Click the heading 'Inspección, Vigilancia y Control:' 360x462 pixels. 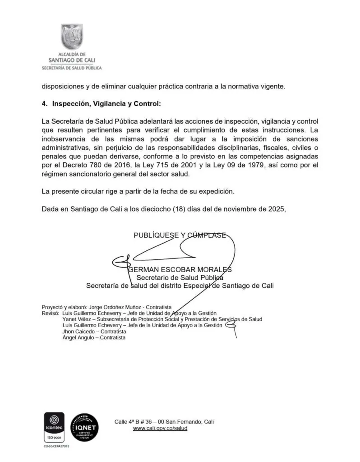(x=106, y=103)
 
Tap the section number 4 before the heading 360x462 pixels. (x=44, y=103)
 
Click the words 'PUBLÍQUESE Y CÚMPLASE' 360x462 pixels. (x=180, y=235)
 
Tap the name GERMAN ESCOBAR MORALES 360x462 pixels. (x=180, y=269)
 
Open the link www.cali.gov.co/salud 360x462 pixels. (x=160, y=428)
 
